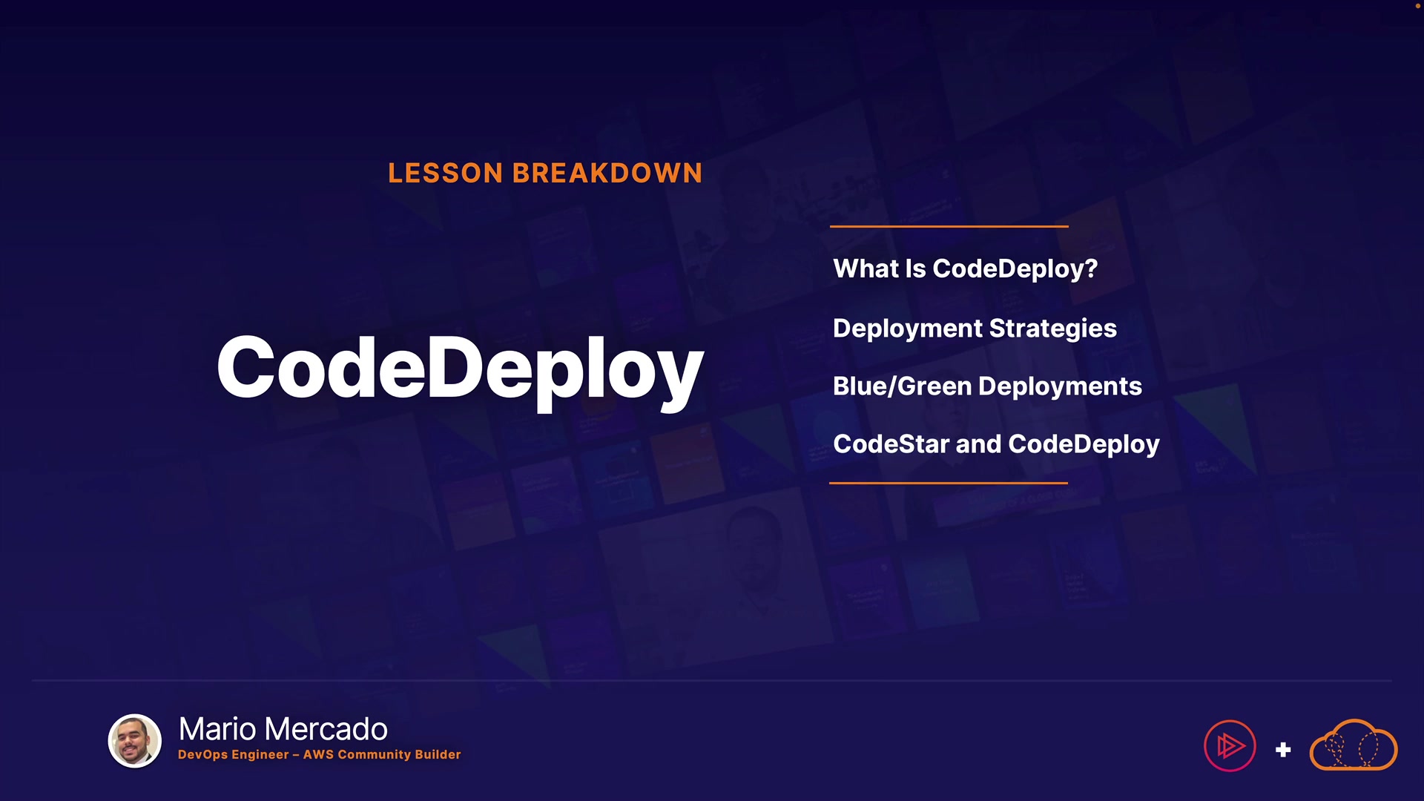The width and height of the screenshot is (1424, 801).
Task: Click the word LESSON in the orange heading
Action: click(x=446, y=173)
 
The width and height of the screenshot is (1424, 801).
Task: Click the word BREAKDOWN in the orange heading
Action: click(x=607, y=173)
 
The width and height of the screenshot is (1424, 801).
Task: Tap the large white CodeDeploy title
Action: click(x=460, y=370)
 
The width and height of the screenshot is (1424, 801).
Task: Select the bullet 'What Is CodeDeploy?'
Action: click(x=965, y=268)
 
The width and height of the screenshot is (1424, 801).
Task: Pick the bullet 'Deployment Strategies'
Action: click(x=975, y=329)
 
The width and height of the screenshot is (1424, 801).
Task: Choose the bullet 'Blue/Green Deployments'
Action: click(x=987, y=386)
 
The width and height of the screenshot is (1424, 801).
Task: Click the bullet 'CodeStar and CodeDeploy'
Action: click(x=996, y=444)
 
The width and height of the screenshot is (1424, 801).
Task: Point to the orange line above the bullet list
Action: click(x=949, y=226)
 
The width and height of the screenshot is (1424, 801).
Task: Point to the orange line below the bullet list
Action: click(x=949, y=483)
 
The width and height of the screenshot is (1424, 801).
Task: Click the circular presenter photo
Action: click(x=135, y=741)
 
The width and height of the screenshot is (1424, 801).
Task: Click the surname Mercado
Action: click(x=326, y=729)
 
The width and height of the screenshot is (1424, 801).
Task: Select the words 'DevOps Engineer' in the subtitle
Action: click(x=233, y=755)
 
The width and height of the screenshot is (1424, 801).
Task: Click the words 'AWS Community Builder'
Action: click(x=382, y=754)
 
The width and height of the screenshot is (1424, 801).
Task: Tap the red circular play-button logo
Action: click(x=1230, y=746)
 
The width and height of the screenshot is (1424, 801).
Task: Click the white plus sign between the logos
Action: click(x=1283, y=750)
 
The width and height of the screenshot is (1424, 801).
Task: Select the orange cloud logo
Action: click(x=1354, y=745)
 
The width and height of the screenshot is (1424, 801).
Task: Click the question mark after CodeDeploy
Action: click(x=1091, y=268)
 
